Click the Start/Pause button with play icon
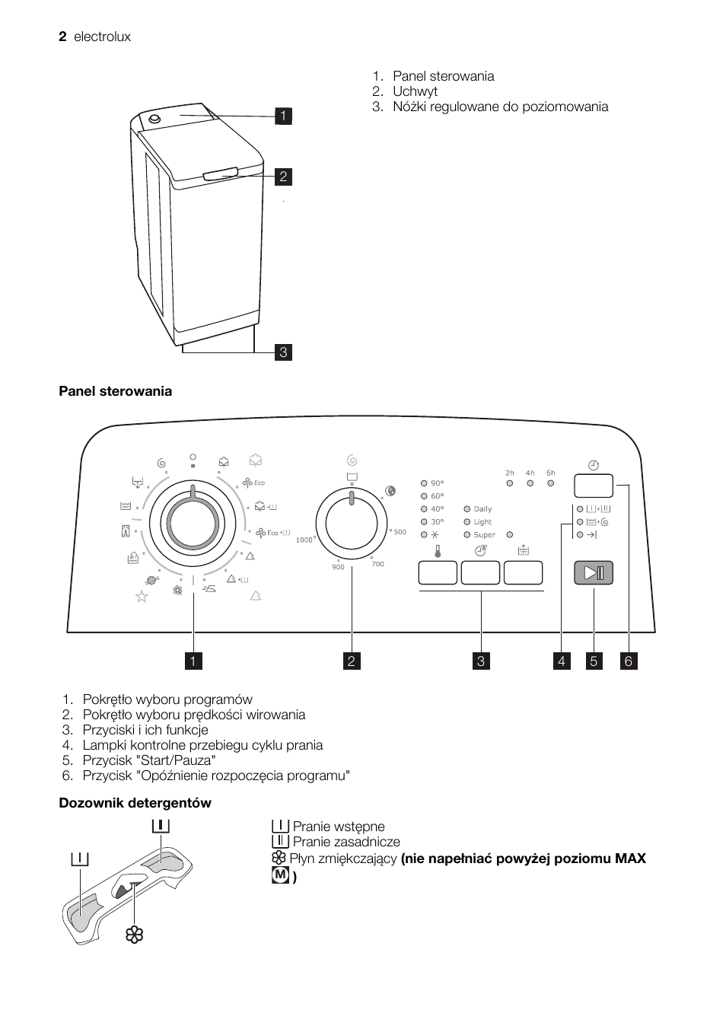pos(594,573)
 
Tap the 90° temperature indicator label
pos(437,483)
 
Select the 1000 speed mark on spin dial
pos(304,540)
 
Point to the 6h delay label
pos(550,473)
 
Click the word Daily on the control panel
pos(482,509)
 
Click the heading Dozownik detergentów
pos(135,803)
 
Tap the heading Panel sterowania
pos(116,391)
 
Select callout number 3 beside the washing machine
pos(283,352)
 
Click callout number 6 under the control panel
pos(629,661)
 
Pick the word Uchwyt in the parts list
pos(415,91)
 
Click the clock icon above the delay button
pos(594,464)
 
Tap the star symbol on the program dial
pos(142,597)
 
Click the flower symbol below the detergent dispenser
pos(135,935)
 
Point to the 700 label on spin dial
pos(377,564)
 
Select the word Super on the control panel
pos(484,535)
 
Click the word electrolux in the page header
pos(102,37)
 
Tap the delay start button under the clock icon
pos(594,486)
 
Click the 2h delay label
pos(509,473)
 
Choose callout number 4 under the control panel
pos(562,661)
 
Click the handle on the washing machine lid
pos(221,174)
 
